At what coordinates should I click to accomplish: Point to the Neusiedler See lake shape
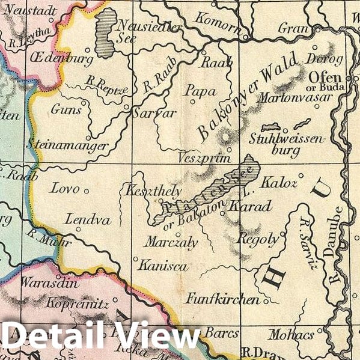(x=106, y=35)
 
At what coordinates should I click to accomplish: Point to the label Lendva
(x=81, y=219)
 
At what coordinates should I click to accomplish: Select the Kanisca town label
(x=162, y=265)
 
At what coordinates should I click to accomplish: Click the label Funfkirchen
(x=222, y=299)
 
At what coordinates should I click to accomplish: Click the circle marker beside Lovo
(x=86, y=191)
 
